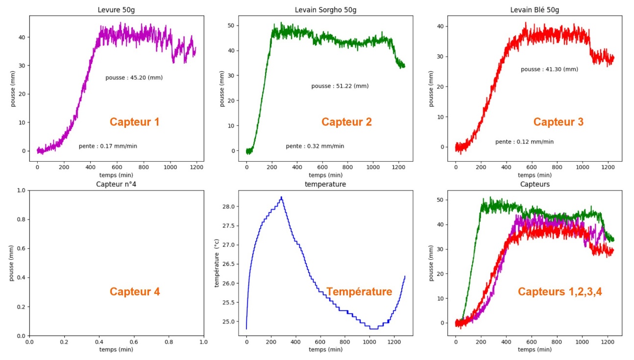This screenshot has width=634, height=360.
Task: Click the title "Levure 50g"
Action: pyautogui.click(x=116, y=10)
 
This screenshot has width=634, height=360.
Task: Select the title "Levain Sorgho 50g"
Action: pyautogui.click(x=325, y=10)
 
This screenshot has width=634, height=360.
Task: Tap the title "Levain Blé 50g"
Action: pyautogui.click(x=535, y=10)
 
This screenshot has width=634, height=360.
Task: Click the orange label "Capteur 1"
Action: pyautogui.click(x=134, y=122)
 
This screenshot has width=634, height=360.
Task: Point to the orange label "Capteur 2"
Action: pyautogui.click(x=346, y=122)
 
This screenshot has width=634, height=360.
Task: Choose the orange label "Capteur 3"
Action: pyautogui.click(x=558, y=122)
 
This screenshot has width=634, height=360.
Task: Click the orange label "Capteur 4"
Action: pyautogui.click(x=134, y=292)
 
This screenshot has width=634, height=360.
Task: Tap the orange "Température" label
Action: pyautogui.click(x=359, y=292)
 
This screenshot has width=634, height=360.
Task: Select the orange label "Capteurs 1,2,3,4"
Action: pyautogui.click(x=560, y=292)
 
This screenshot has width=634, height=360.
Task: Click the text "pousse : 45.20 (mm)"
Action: pyautogui.click(x=134, y=78)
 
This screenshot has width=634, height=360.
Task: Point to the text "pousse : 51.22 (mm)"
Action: pyautogui.click(x=340, y=86)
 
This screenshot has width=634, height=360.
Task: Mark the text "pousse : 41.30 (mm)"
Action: pyautogui.click(x=549, y=70)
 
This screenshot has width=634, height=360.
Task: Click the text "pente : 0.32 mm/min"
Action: pyautogui.click(x=315, y=146)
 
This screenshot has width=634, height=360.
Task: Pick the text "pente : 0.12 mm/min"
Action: pyautogui.click(x=524, y=142)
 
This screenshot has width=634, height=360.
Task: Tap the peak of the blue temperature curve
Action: pyautogui.click(x=281, y=197)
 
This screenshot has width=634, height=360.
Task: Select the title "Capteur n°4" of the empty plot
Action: pyautogui.click(x=116, y=185)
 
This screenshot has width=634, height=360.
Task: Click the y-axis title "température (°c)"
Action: pyautogui.click(x=217, y=263)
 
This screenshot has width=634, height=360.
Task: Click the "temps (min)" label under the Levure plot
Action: pyautogui.click(x=116, y=175)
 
